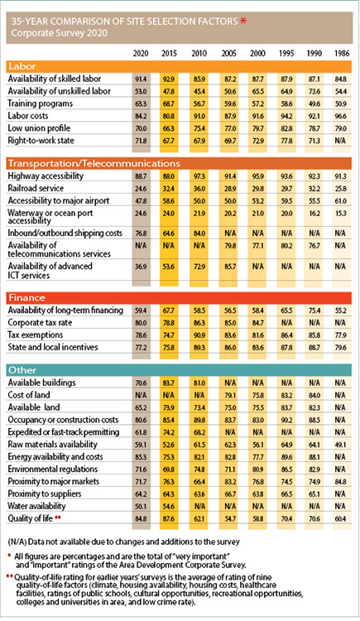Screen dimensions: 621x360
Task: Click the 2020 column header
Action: coord(141,53)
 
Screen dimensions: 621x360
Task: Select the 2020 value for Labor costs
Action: coord(141,116)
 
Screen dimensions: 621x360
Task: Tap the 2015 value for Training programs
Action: coord(170,103)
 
